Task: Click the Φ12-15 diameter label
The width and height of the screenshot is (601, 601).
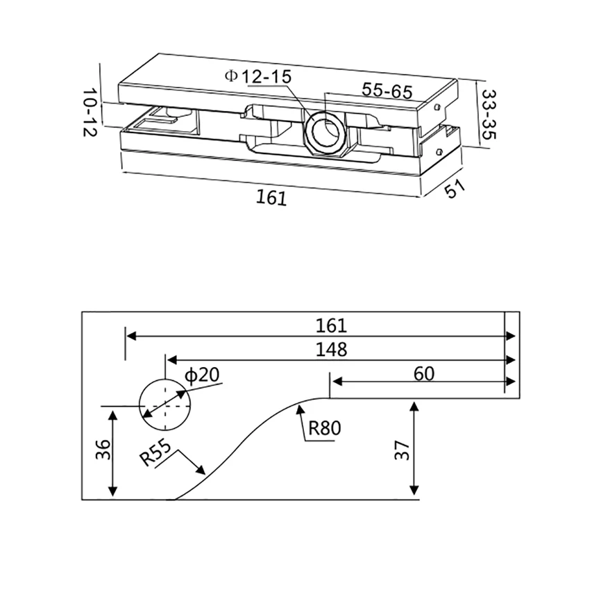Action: (257, 76)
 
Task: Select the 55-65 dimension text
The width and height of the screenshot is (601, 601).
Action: (387, 91)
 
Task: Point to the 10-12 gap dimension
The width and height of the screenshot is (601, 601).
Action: (90, 112)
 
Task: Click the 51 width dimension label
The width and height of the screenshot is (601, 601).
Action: (455, 189)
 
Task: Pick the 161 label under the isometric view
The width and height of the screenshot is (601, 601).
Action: (271, 198)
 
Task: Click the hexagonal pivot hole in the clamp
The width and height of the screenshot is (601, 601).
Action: (324, 129)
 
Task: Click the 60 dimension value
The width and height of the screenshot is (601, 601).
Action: (423, 373)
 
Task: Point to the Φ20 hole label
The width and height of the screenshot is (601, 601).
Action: (202, 375)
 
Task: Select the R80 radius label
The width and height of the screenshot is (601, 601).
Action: (325, 428)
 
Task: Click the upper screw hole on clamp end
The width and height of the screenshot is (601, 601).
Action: (437, 107)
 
